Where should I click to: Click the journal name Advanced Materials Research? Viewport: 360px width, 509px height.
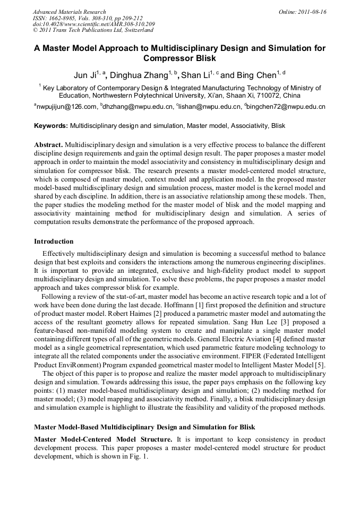[69, 12]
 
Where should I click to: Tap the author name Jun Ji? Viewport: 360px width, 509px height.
[84, 75]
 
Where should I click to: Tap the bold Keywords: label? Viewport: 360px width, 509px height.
[51, 126]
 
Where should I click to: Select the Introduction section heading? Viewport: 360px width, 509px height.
[54, 241]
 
